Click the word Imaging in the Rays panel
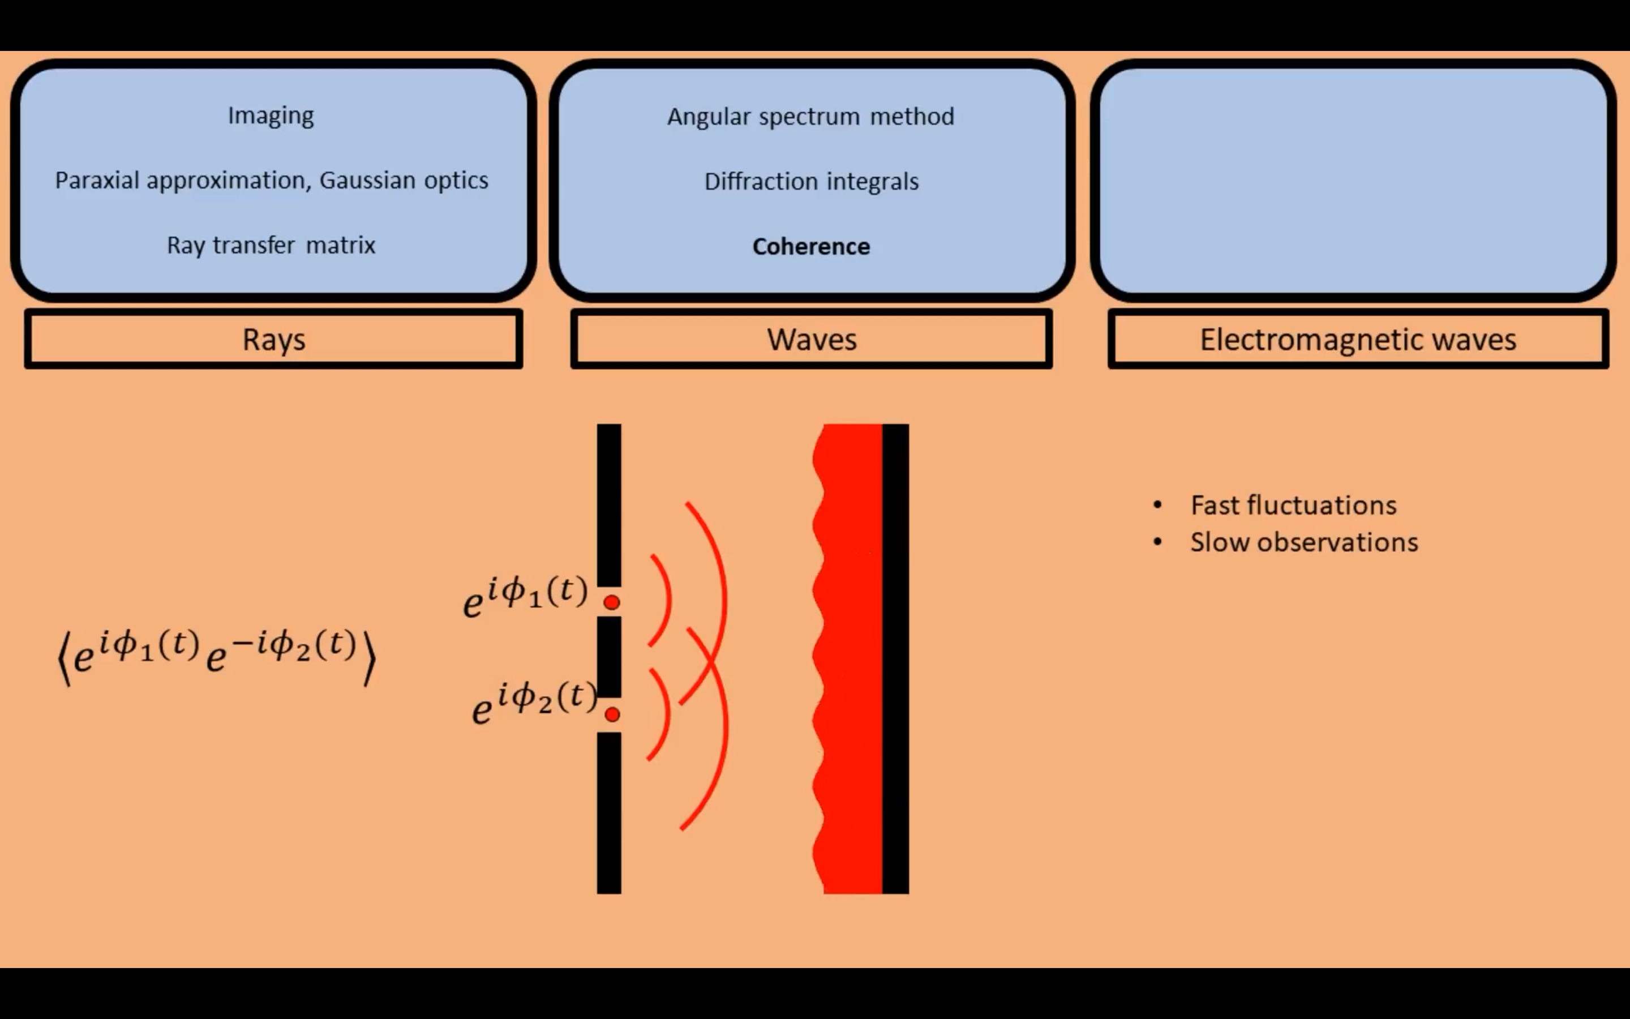tap(271, 116)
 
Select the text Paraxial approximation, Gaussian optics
tap(272, 181)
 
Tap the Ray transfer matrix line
tap(271, 245)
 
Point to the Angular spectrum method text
tap(811, 117)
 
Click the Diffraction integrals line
tap(812, 181)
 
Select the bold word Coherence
tap(811, 247)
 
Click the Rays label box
tap(273, 339)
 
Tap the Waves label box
tap(812, 339)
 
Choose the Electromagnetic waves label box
tap(1358, 339)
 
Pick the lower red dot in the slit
tap(612, 714)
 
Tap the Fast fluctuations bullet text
tap(1293, 506)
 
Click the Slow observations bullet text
tap(1304, 542)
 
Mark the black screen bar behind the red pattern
tap(896, 658)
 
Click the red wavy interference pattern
tap(850, 658)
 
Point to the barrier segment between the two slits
tap(609, 657)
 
